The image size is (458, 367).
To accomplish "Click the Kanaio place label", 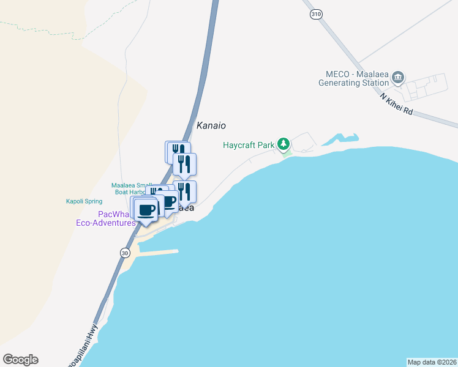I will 211,125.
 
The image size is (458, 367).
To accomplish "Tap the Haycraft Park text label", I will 248,145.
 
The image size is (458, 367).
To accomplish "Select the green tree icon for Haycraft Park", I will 283,144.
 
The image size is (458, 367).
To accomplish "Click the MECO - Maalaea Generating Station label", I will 353,78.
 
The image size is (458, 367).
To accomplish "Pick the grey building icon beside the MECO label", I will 398,77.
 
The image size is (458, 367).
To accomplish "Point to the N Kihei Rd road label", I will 396,105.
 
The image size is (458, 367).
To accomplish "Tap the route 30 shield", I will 126,252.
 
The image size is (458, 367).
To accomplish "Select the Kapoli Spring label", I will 84,201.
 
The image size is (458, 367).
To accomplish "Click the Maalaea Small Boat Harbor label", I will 130,188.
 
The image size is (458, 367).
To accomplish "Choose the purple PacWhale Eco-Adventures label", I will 117,218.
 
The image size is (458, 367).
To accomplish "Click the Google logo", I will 20,360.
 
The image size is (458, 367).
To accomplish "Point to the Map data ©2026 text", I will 432,362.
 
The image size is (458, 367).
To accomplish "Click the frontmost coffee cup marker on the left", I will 146,210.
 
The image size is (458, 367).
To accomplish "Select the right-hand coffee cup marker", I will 168,201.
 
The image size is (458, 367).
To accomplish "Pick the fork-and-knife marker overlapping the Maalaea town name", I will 184,192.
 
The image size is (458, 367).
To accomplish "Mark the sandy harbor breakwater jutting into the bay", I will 156,252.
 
